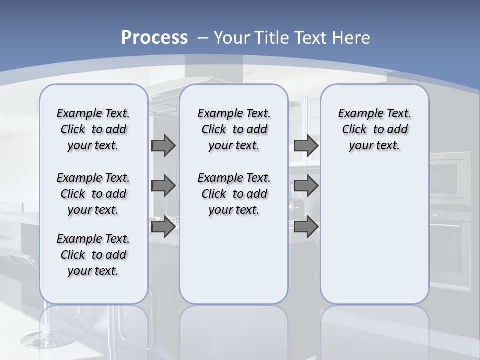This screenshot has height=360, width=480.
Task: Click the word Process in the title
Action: click(154, 38)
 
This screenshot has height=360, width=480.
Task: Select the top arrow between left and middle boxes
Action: click(163, 145)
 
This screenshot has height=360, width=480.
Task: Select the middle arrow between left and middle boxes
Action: click(163, 186)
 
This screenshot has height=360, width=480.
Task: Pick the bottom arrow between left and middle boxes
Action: click(163, 227)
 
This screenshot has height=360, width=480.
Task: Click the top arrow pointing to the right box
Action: click(306, 145)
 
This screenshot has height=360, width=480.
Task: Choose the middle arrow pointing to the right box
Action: click(306, 186)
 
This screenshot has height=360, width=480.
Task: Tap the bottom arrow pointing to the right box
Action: click(306, 227)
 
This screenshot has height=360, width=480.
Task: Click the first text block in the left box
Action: click(93, 129)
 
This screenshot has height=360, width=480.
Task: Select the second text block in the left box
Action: click(93, 194)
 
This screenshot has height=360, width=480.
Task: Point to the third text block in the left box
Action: click(93, 255)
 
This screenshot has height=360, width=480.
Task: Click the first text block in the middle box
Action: click(234, 129)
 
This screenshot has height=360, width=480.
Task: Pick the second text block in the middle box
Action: click(234, 194)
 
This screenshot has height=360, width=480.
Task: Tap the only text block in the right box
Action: click(374, 129)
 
